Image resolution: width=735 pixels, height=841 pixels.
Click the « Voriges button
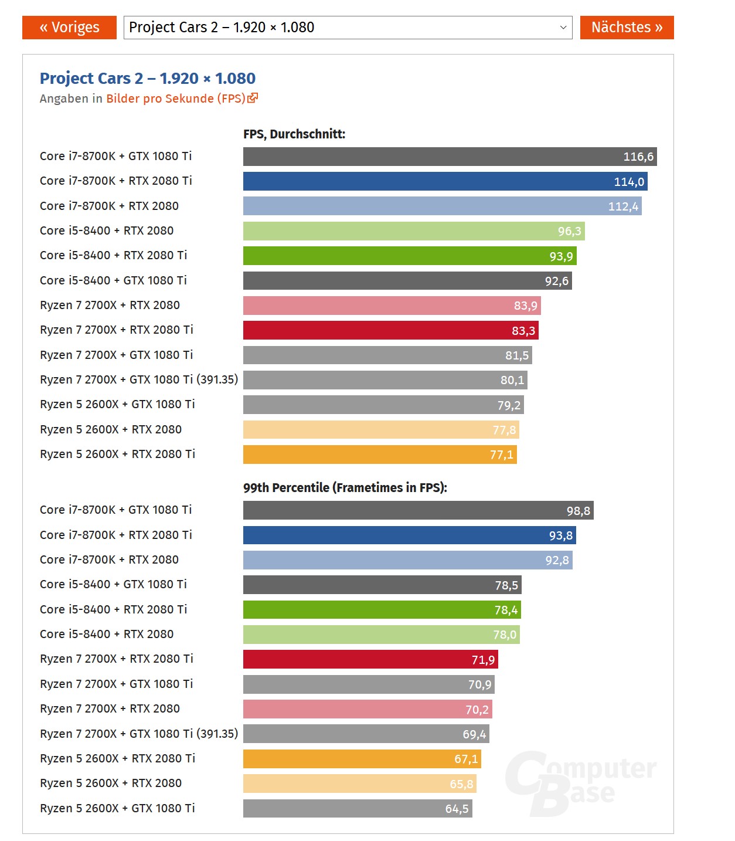click(69, 28)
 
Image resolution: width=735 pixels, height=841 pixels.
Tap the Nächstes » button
click(627, 28)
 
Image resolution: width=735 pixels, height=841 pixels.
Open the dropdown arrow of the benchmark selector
click(563, 28)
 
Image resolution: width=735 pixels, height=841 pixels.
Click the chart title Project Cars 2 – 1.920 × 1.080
click(148, 78)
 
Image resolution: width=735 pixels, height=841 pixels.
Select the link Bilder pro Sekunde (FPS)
click(176, 99)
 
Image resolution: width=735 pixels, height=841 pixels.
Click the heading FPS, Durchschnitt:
click(294, 134)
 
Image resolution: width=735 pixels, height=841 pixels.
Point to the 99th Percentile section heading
click(345, 487)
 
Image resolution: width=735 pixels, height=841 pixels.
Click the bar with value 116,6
click(450, 157)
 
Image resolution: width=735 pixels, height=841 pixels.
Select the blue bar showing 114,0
click(445, 181)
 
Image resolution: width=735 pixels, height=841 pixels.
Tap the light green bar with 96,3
click(414, 231)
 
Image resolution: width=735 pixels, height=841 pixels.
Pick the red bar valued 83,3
click(390, 330)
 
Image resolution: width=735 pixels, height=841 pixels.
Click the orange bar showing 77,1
click(380, 455)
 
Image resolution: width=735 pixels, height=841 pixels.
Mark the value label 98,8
click(578, 511)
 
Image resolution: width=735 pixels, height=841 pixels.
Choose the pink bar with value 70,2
click(367, 709)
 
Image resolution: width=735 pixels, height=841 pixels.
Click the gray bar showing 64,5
click(358, 809)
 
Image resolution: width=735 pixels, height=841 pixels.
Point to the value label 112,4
click(623, 206)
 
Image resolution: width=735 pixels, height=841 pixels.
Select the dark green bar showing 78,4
click(382, 610)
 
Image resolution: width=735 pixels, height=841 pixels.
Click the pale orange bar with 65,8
click(359, 784)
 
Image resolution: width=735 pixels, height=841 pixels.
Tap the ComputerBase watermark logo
click(580, 784)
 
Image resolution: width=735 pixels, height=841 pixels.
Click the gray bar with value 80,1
click(385, 380)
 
